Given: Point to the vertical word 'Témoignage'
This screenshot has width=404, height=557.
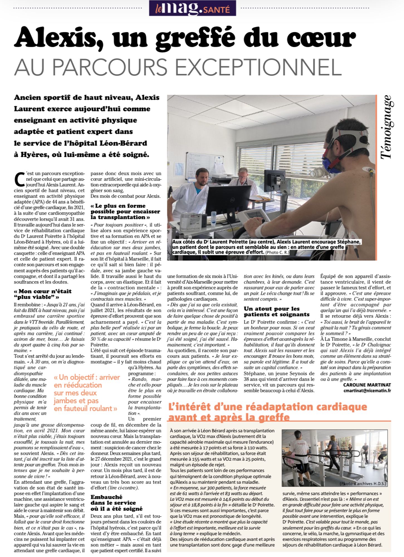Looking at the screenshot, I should point(387,127).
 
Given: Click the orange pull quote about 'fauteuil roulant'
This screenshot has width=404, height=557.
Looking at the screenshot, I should point(87,393).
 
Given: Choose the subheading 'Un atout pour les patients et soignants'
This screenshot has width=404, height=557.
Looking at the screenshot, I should point(276,311).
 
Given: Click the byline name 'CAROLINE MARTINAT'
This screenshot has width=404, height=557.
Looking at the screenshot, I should point(367,385).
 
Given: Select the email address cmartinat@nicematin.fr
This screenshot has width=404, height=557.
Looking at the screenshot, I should point(367,390).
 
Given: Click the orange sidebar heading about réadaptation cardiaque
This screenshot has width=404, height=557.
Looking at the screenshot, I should point(268,412).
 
